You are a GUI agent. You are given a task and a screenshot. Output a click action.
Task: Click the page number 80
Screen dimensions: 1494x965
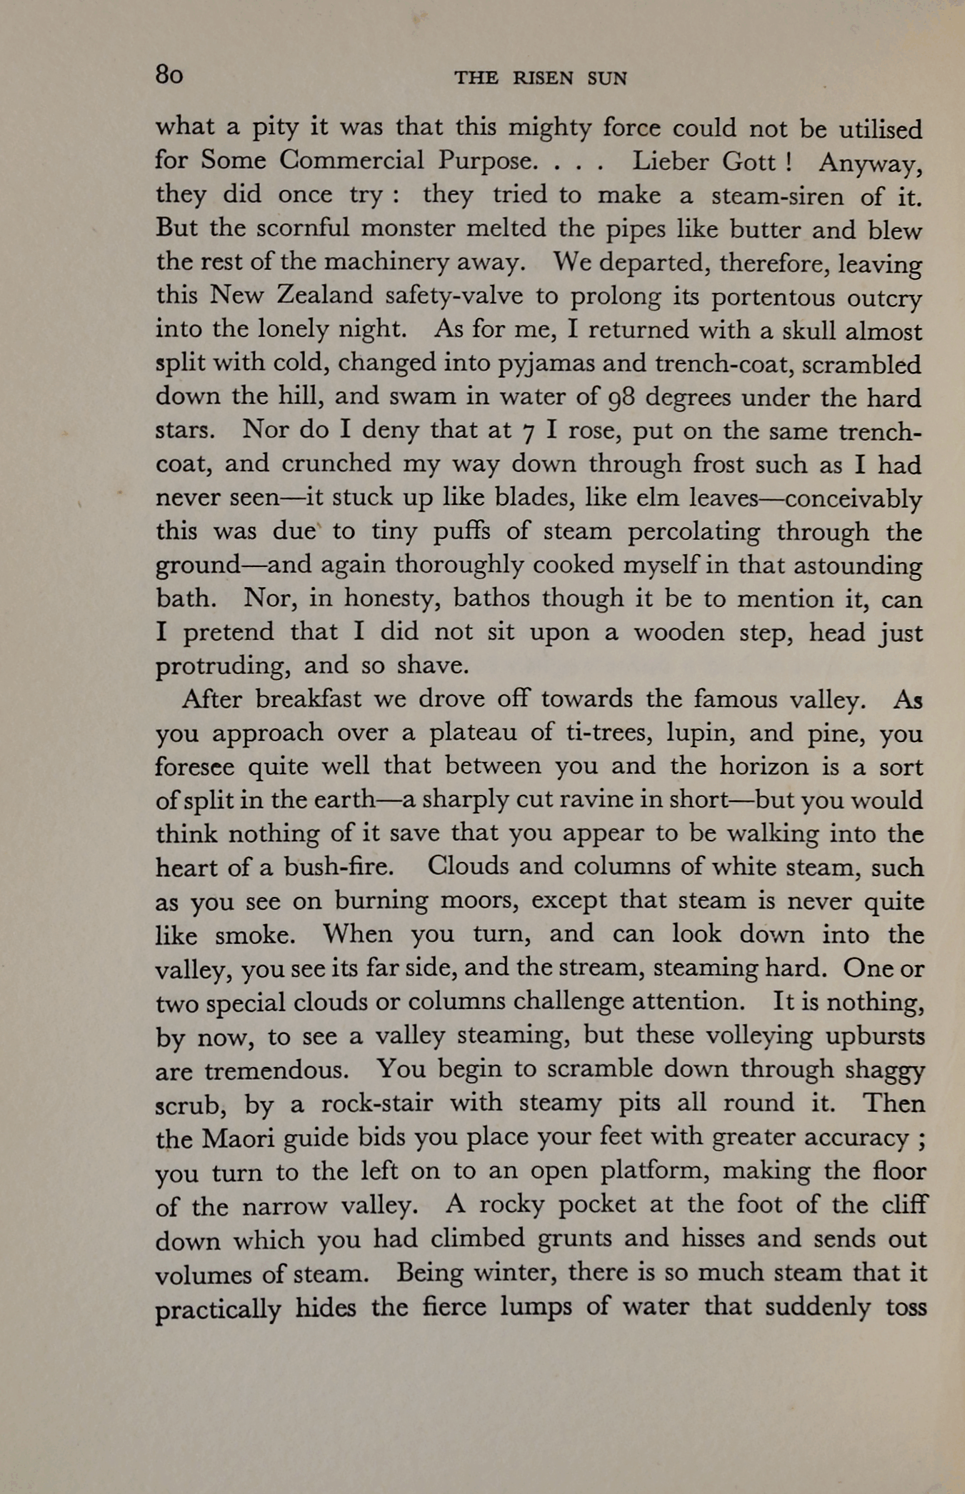pos(169,74)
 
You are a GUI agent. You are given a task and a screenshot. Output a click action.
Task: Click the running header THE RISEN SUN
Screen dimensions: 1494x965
pos(541,79)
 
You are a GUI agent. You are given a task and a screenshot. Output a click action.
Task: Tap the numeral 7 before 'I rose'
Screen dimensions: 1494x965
pos(528,432)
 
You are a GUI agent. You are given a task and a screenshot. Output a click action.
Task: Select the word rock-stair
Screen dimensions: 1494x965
pos(377,1103)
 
